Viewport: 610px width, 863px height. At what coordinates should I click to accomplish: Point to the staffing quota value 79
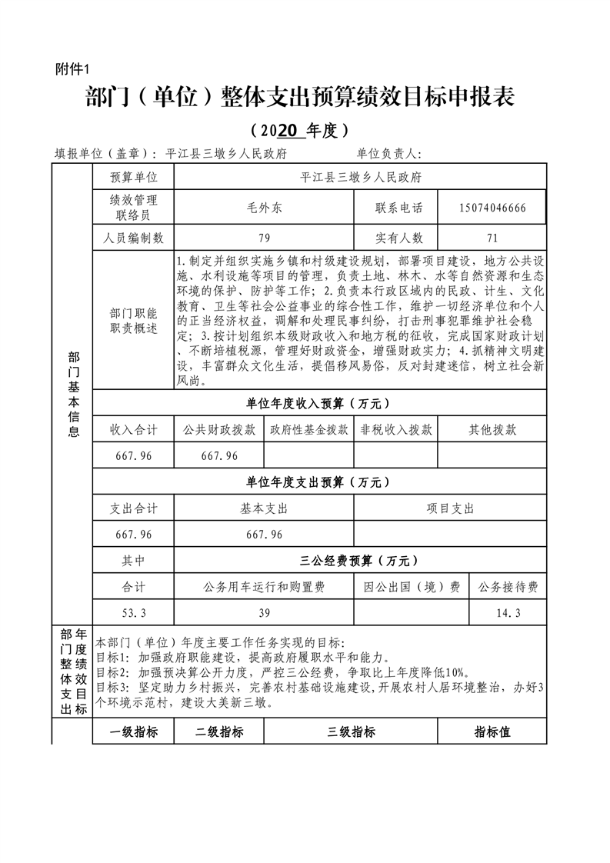pyautogui.click(x=264, y=238)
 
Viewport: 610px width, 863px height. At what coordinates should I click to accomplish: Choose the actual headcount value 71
pyautogui.click(x=492, y=238)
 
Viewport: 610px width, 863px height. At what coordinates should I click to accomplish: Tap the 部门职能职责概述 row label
pyautogui.click(x=133, y=322)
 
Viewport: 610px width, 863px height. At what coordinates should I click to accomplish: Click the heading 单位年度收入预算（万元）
pyautogui.click(x=318, y=403)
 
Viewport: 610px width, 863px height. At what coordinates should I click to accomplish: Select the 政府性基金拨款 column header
pyautogui.click(x=308, y=430)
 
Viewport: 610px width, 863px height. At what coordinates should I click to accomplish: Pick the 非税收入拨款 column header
pyautogui.click(x=395, y=430)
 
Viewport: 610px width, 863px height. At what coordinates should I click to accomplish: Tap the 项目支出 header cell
pyautogui.click(x=450, y=508)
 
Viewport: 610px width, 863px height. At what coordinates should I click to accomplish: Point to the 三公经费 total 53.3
pyautogui.click(x=133, y=613)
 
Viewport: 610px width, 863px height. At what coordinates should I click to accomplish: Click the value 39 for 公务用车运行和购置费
pyautogui.click(x=264, y=613)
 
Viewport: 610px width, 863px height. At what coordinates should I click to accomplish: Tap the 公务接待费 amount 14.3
pyautogui.click(x=508, y=613)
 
